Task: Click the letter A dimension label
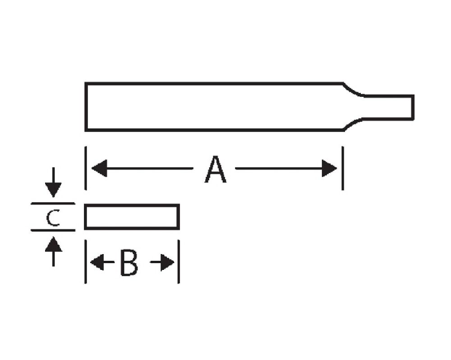[x=215, y=169]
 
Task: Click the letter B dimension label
[x=129, y=262]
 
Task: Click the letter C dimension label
[x=53, y=218]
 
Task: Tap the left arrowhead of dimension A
[x=99, y=168]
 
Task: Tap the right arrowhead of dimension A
[x=329, y=168]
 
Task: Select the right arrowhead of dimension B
[x=167, y=262]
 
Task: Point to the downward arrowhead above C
[x=53, y=190]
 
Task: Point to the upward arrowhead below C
[x=54, y=244]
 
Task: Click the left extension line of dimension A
[x=85, y=168]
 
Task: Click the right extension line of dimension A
[x=343, y=168]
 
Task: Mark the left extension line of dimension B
[x=85, y=262]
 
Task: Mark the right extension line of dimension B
[x=179, y=262]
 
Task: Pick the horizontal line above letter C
[x=53, y=203]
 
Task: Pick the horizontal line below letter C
[x=53, y=230]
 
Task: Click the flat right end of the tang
[x=413, y=107]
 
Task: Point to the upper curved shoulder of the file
[x=354, y=90]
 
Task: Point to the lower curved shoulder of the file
[x=353, y=123]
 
